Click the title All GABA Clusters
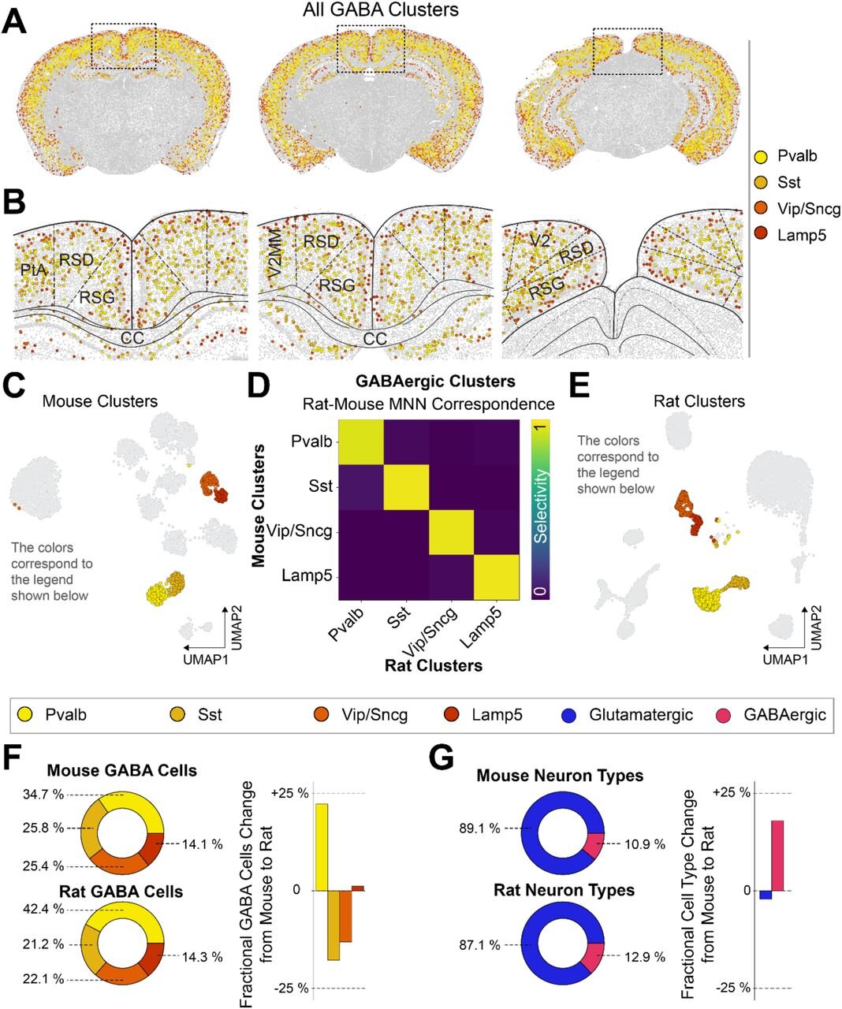tap(381, 10)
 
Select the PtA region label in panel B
tap(34, 270)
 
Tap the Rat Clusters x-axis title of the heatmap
tap(433, 665)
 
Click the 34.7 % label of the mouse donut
tap(26, 795)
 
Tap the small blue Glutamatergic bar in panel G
tap(765, 895)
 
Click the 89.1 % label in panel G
tap(479, 828)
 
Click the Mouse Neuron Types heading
tap(560, 776)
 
